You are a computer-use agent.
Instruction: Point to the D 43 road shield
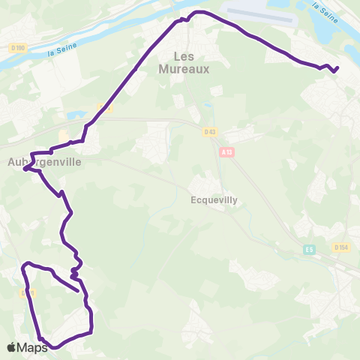[x=209, y=132]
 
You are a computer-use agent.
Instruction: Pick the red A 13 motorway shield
[x=226, y=151]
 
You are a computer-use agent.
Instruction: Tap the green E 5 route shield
[x=309, y=248]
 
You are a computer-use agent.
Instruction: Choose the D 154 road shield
[x=341, y=247]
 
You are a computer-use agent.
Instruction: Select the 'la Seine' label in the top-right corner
[x=324, y=12]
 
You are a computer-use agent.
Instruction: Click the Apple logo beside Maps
[x=11, y=347]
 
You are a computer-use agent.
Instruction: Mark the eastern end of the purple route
[x=337, y=68]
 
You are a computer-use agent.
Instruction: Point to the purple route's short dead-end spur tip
[x=79, y=289]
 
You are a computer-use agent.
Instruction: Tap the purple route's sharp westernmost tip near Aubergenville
[x=25, y=169]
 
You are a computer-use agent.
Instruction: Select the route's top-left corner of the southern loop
[x=26, y=263]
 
